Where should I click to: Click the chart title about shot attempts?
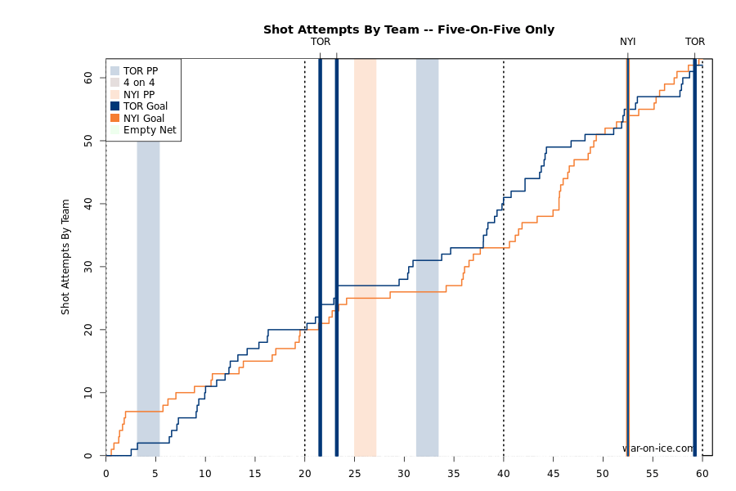408,29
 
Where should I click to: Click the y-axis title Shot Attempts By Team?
65,257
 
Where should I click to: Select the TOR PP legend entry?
140,71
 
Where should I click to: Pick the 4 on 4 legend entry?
138,83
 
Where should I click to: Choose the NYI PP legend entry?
138,95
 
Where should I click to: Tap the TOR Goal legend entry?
145,106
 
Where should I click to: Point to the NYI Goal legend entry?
143,119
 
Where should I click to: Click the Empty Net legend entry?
149,130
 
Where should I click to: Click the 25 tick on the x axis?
354,473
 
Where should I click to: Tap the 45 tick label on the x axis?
553,473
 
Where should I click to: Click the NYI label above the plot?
627,42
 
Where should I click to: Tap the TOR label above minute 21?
321,42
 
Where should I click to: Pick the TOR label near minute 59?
695,42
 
